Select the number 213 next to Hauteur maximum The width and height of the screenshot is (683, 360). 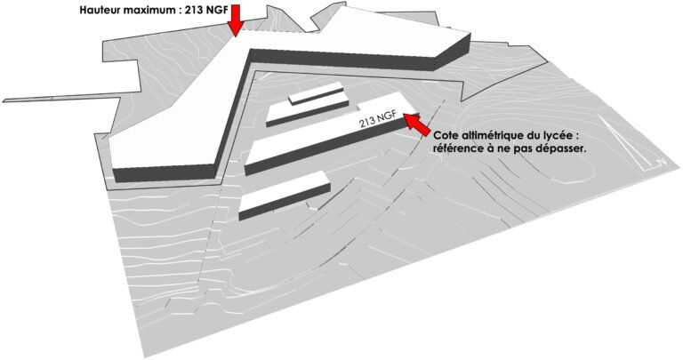(194, 10)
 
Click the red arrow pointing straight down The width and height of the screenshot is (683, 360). (236, 20)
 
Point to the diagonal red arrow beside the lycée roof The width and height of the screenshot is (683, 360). (417, 124)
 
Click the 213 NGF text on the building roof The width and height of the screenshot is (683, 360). (378, 119)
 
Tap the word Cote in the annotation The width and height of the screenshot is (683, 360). (445, 134)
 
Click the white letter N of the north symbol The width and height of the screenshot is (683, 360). (662, 162)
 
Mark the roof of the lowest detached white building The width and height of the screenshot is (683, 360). (282, 190)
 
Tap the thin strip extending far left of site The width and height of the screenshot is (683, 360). (61, 97)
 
